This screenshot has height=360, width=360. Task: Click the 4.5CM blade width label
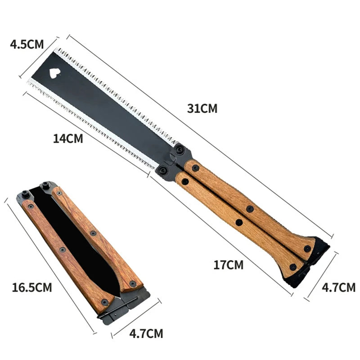pos(27,44)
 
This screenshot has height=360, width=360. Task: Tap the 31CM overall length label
pos(202,108)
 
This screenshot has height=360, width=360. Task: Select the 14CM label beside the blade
pos(68,138)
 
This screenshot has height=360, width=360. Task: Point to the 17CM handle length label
pos(228,265)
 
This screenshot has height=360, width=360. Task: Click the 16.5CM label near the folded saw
pos(32,287)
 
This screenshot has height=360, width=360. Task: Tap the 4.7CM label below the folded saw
pos(146,333)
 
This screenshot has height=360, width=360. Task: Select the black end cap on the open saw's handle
pos(310,265)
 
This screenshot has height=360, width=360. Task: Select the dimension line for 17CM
pos(220,234)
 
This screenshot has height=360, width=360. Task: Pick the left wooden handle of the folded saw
pos(63,252)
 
